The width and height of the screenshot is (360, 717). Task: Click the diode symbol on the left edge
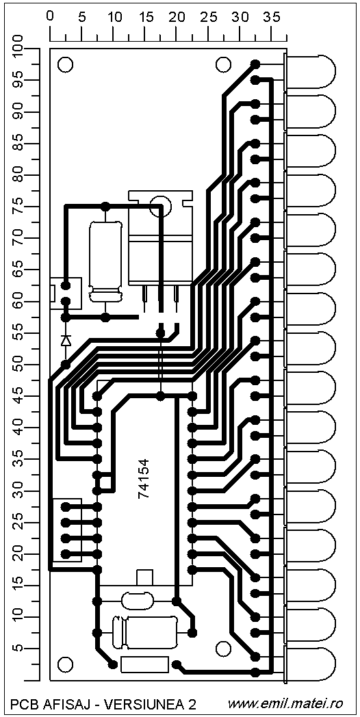[x=66, y=340]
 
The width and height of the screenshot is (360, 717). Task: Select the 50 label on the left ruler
[x=19, y=365]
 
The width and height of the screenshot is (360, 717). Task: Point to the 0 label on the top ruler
[x=50, y=17]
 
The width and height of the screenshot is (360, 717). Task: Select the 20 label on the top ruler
[x=176, y=17]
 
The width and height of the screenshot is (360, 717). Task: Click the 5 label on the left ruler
[x=19, y=649]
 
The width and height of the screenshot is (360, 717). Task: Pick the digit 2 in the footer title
[x=192, y=704]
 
